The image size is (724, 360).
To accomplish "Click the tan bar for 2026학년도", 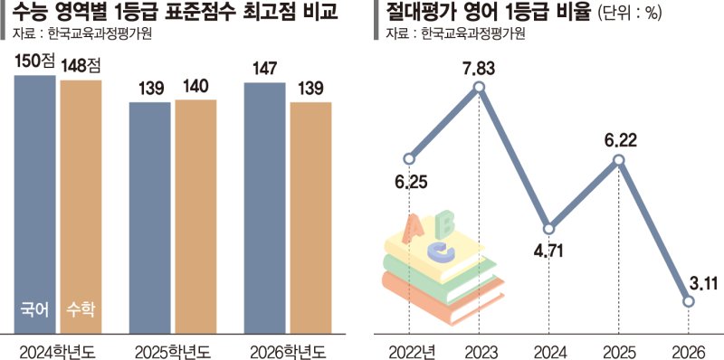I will click(310, 217).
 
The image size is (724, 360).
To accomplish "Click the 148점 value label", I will click(81, 66).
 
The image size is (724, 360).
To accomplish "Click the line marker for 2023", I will click(480, 88).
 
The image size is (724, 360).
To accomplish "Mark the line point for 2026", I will click(689, 302).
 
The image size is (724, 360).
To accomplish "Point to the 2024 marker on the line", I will click(548, 228).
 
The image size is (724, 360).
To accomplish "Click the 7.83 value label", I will click(480, 65).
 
